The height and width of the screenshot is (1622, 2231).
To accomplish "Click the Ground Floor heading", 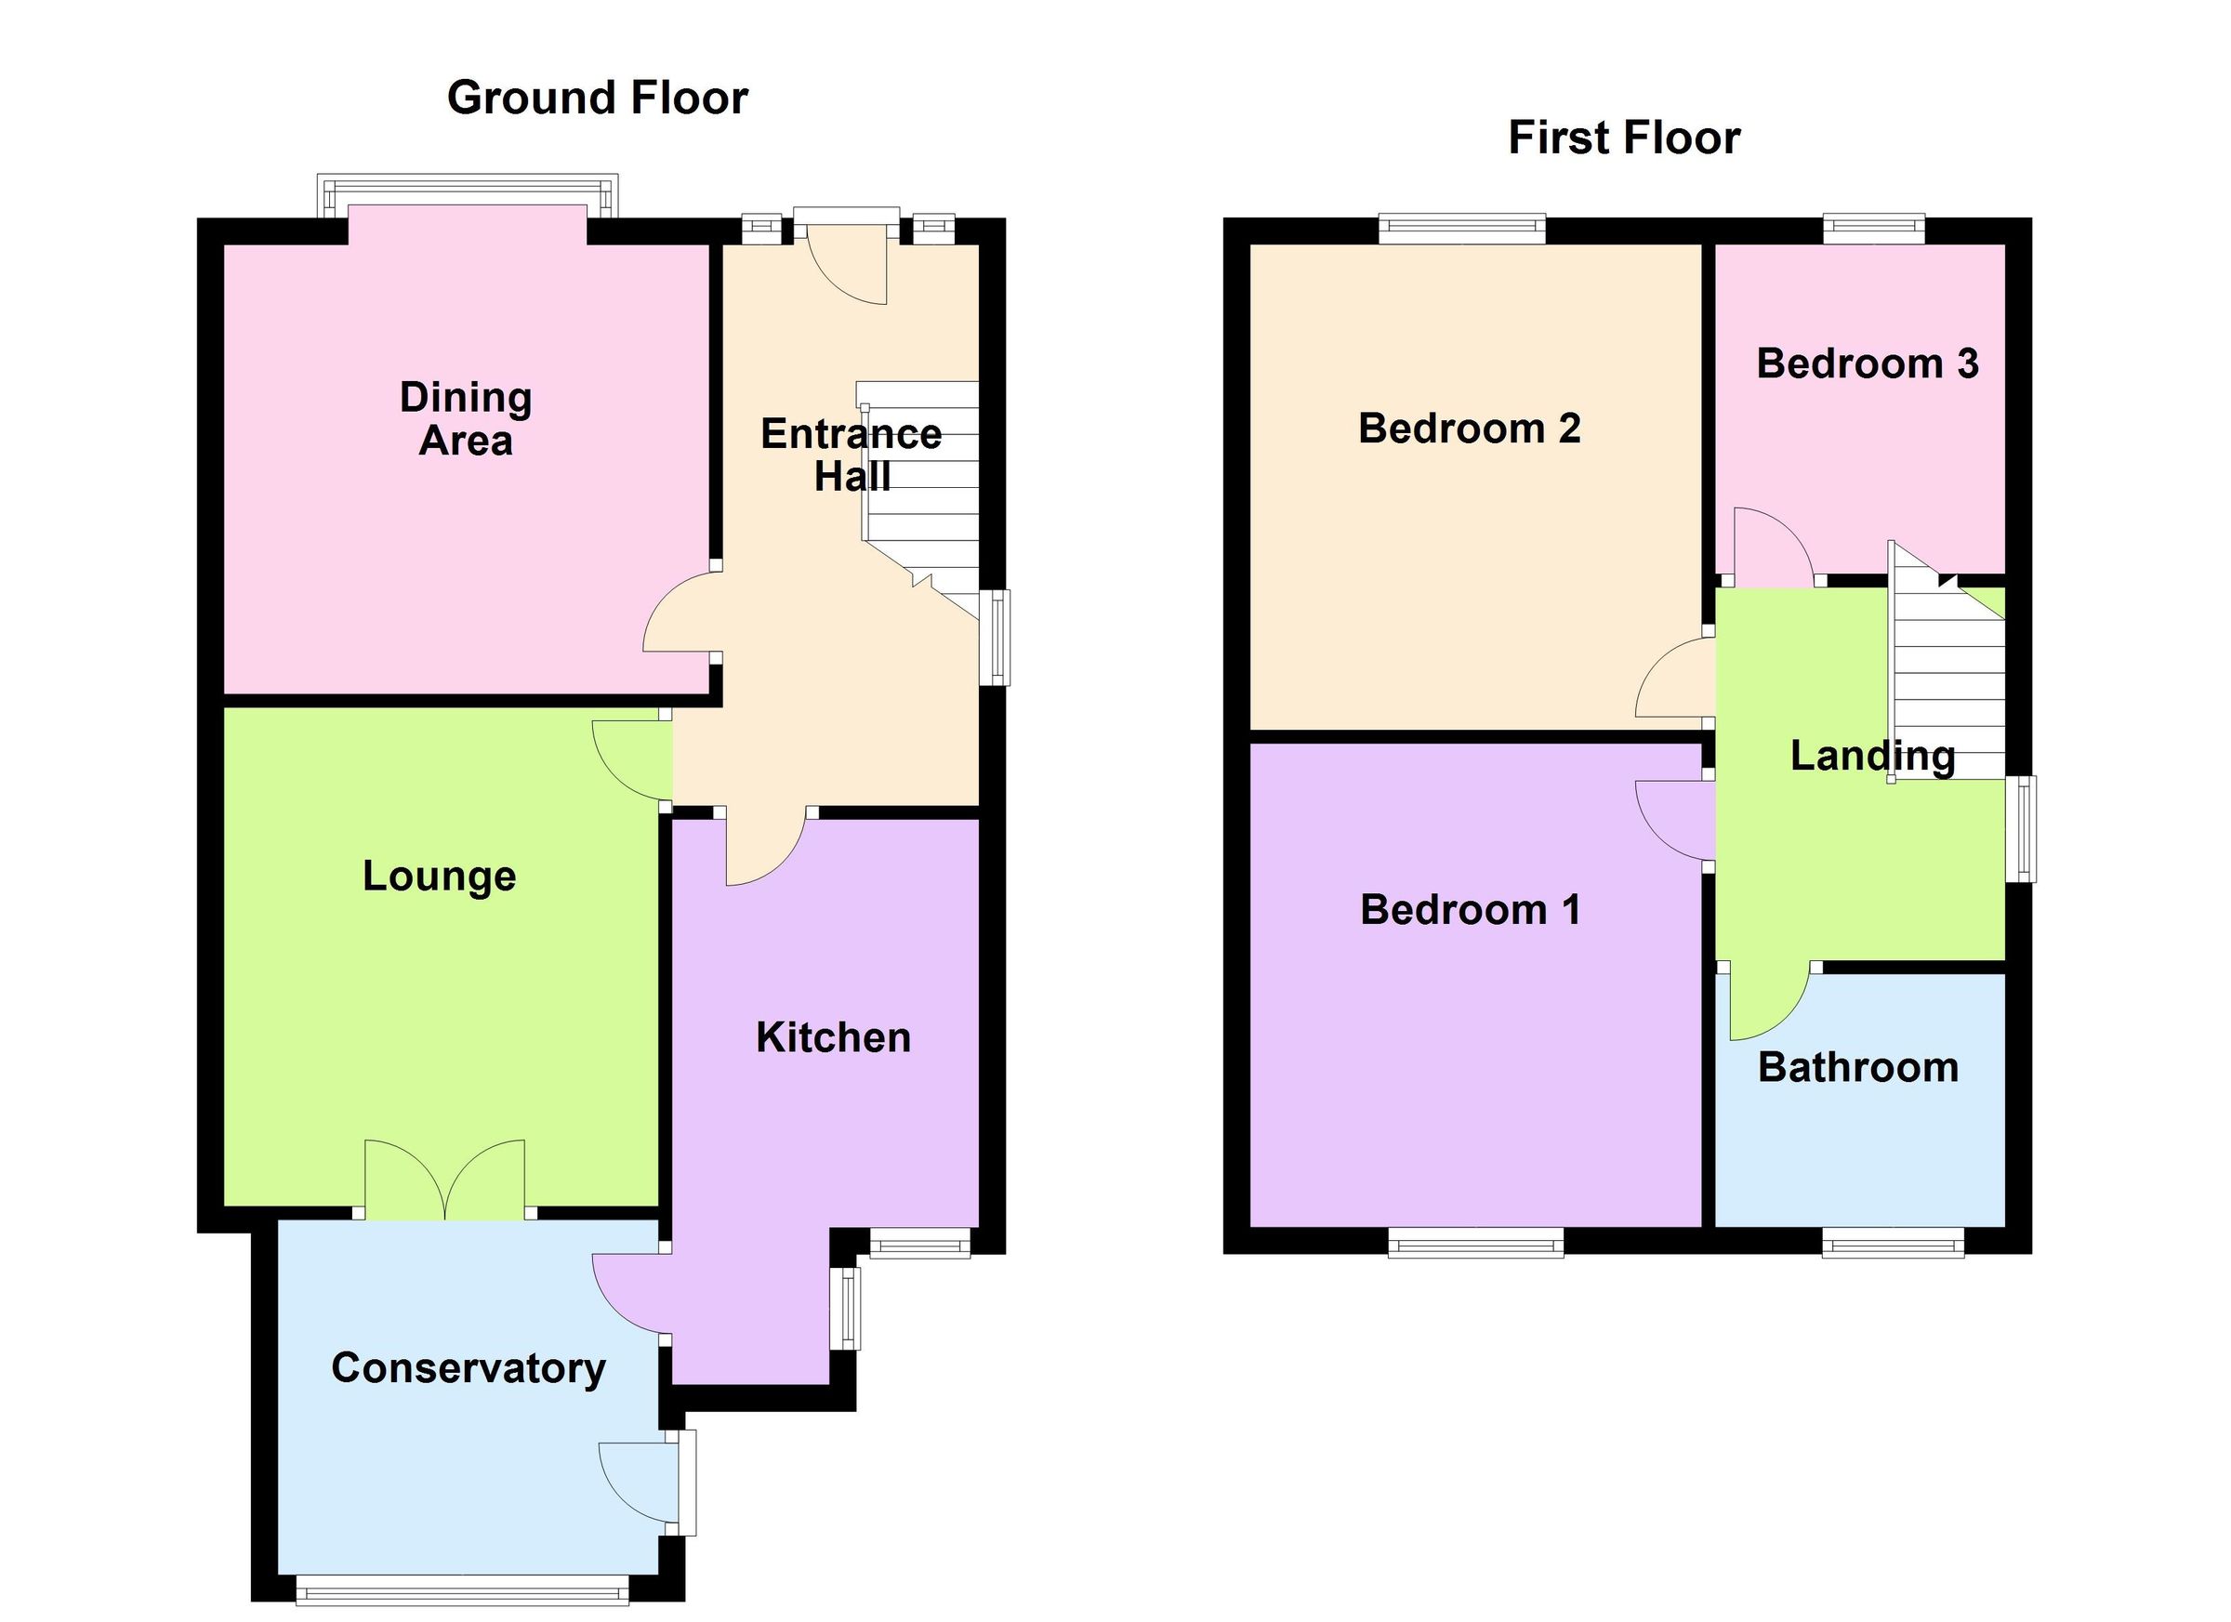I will coord(597,99).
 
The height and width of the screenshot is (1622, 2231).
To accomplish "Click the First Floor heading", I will coord(1624,138).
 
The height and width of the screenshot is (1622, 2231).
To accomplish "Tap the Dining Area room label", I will coord(466,419).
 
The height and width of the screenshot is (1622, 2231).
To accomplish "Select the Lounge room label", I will coord(439,876).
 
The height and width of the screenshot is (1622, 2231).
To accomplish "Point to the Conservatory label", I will coord(469,1368).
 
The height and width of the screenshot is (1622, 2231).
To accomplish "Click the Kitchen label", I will coord(833,1037).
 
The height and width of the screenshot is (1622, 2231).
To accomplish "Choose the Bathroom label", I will coord(1857,1067).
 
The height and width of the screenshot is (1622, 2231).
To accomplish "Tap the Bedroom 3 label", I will coord(1867,364).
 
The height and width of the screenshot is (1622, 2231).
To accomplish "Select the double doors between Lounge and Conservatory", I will coord(444,1180).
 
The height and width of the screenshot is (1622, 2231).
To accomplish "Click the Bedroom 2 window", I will coord(1461,229).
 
